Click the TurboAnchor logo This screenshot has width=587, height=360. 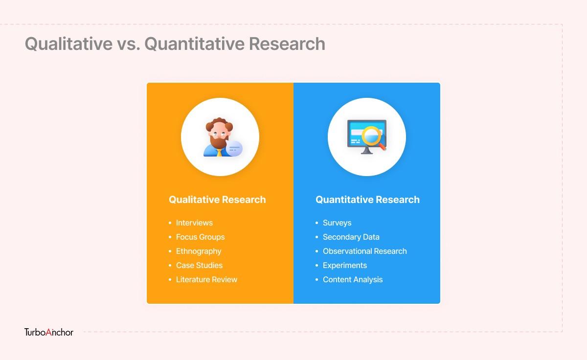[x=49, y=332]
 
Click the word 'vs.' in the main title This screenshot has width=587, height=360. [x=128, y=44]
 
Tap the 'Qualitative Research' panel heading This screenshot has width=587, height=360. [x=217, y=200]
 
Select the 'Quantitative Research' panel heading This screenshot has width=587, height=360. [x=367, y=200]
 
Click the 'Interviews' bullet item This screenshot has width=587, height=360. [x=194, y=223]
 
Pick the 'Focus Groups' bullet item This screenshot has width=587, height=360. [x=200, y=237]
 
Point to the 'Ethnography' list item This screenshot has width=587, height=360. [x=199, y=251]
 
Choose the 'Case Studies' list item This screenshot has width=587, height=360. [x=199, y=266]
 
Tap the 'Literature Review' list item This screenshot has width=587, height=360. [x=206, y=280]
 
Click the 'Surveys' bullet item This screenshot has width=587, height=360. [x=337, y=223]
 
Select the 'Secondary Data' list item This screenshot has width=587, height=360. [x=351, y=237]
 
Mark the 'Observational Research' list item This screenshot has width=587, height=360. [x=365, y=251]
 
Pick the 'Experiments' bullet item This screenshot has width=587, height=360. [x=344, y=266]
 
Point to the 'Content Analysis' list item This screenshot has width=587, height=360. [x=353, y=280]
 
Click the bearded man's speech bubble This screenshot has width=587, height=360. [x=234, y=149]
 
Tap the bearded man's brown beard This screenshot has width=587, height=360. [x=218, y=142]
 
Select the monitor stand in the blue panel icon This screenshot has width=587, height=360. [x=366, y=150]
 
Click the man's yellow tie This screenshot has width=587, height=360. [x=219, y=153]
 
